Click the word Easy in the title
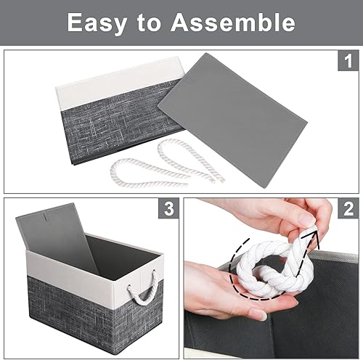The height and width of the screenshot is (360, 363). [x=99, y=22]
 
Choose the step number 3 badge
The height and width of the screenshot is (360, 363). [x=168, y=210]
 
